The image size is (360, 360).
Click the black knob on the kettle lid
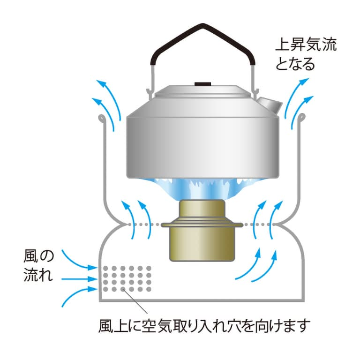point(203,84)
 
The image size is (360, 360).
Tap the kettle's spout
point(269,105)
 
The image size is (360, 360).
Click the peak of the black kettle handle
point(202,24)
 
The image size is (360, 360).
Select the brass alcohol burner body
point(202,230)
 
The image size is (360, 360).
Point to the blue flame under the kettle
point(202,188)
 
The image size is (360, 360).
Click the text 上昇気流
point(306,45)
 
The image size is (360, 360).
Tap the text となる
point(295,64)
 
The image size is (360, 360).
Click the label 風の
point(38,256)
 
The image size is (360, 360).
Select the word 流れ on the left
point(38,275)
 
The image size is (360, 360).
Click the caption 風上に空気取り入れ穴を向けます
point(204,326)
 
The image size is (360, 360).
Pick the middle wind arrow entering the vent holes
point(79,279)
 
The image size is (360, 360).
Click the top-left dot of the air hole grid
point(105,268)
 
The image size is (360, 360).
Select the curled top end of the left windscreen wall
point(102,118)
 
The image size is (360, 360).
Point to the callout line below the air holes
point(135,302)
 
